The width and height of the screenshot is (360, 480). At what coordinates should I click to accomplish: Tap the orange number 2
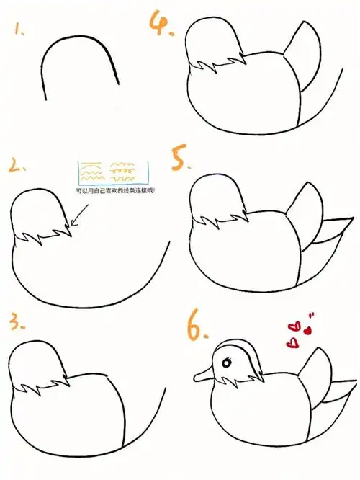pos(15,167)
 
